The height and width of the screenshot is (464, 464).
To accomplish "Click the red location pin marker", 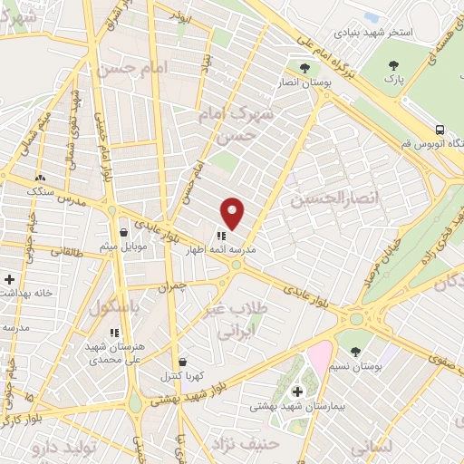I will [x=233, y=213].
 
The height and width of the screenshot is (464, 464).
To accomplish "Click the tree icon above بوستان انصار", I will [x=305, y=67].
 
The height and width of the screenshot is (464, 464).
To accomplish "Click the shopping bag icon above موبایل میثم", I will [x=123, y=232].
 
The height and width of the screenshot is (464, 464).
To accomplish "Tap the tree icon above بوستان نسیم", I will [x=354, y=351].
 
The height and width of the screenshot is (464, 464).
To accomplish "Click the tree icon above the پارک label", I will [x=393, y=65].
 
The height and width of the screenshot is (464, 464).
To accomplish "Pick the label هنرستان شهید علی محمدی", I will [x=112, y=352].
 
